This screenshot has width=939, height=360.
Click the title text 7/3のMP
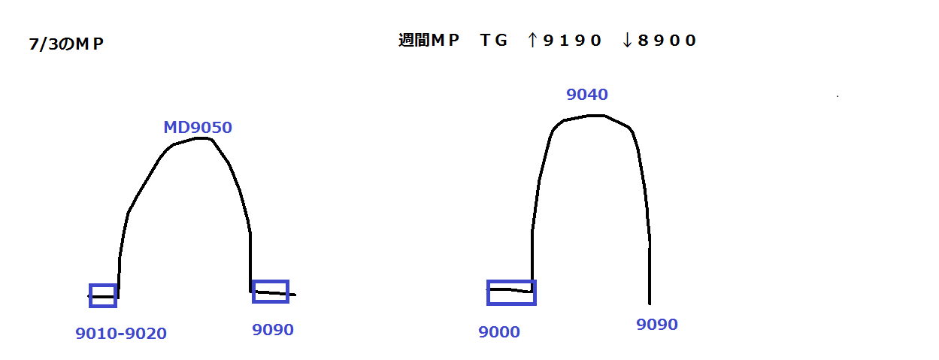pos(66,44)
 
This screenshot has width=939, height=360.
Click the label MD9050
pos(198,128)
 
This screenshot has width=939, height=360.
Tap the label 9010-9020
pos(121,334)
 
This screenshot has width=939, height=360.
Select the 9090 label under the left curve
pos(272,330)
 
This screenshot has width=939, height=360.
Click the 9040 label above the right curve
pos(587,95)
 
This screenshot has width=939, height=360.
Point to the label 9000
pos(499,332)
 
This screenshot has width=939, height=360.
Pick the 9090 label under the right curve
pos(657,325)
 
